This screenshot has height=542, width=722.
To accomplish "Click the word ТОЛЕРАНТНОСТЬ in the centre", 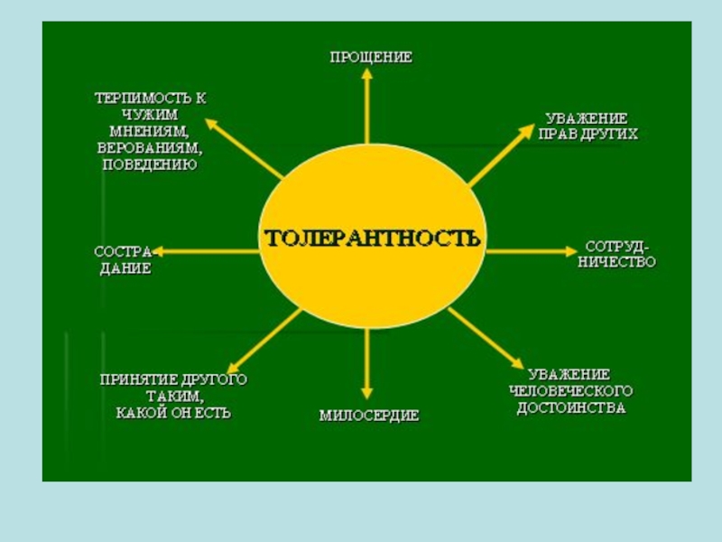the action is (372, 238).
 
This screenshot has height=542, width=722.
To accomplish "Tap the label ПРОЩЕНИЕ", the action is (370, 57).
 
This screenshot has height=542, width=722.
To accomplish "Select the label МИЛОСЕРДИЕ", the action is (369, 416).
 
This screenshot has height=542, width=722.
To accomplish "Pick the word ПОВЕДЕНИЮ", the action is (147, 164).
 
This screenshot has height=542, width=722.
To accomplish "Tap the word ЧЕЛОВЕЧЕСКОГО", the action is (570, 391).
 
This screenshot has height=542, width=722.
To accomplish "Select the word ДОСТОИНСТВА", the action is (570, 408).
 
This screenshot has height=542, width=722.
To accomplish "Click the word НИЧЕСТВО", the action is (617, 263).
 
